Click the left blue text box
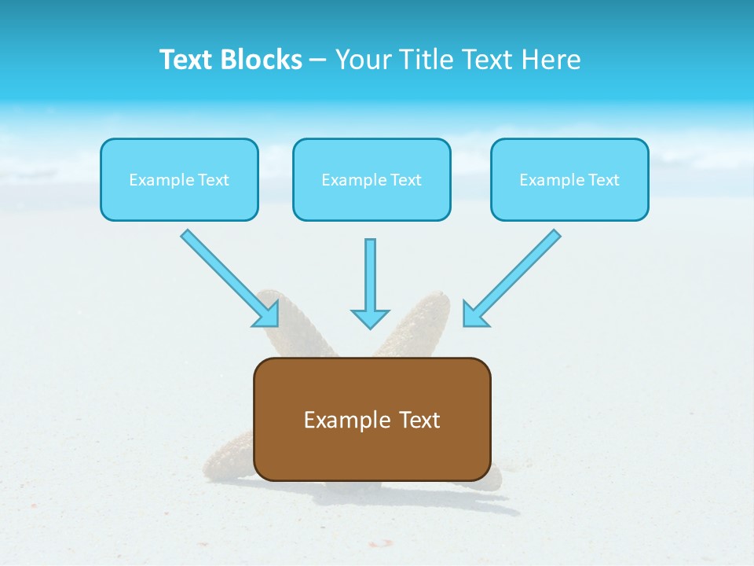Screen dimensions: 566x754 point(179,179)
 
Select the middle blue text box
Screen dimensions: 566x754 point(372,179)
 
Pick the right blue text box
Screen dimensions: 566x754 point(569,179)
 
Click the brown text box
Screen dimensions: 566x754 point(372,419)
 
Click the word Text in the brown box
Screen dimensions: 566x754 point(420,420)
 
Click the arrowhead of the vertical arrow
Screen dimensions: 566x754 point(370,318)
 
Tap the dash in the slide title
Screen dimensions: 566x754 point(318,60)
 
